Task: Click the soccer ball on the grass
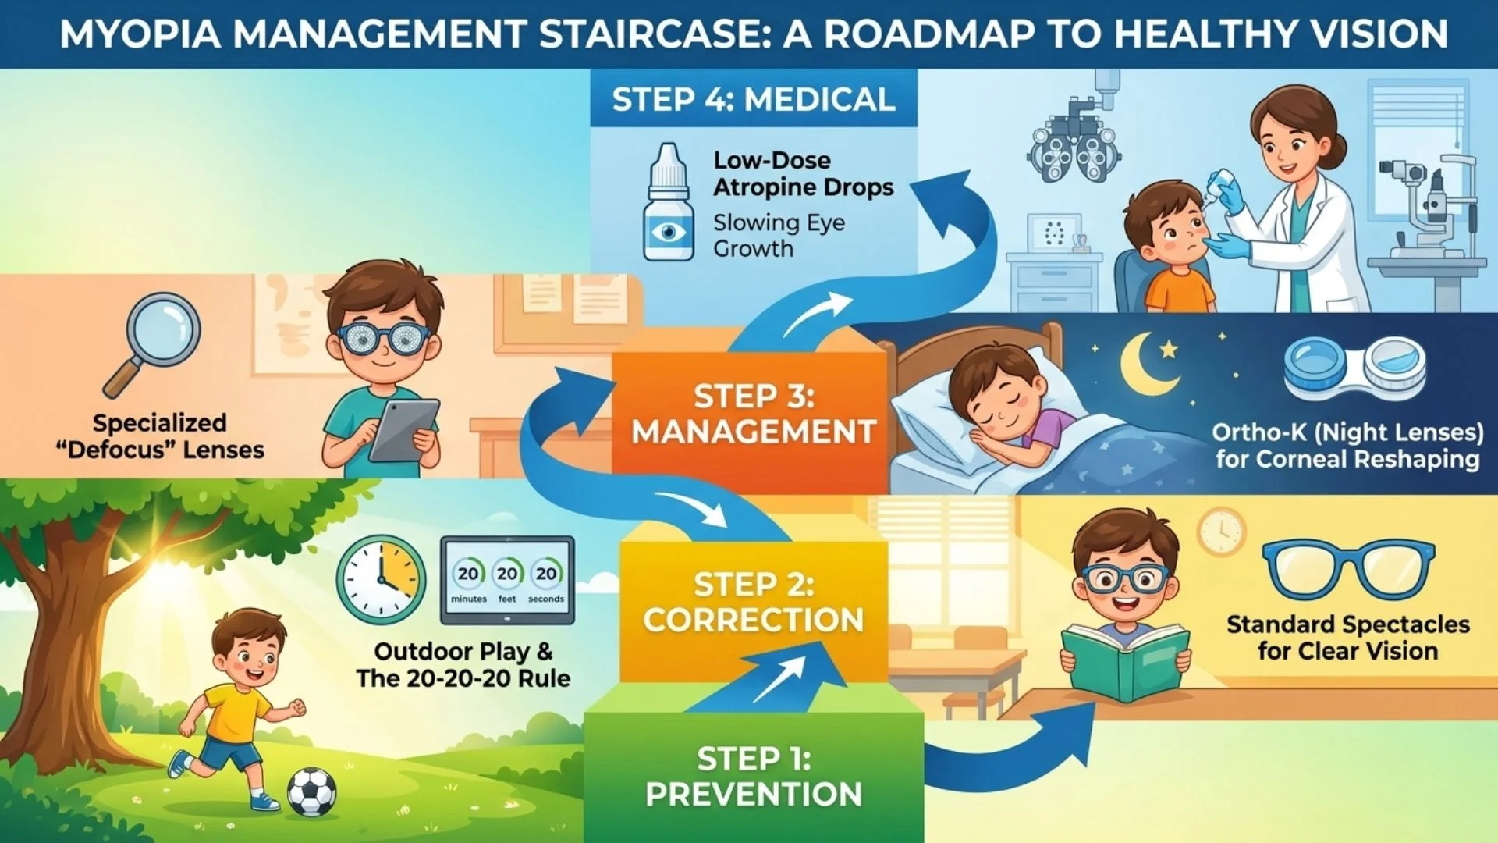312,791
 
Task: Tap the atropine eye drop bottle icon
668,205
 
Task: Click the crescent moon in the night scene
1146,363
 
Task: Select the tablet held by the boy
403,430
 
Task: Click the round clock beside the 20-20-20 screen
382,579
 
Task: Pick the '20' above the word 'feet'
507,574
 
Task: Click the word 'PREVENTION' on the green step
754,795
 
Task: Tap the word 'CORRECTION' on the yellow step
754,620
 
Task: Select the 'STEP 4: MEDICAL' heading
753,100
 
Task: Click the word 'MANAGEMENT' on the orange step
754,432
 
